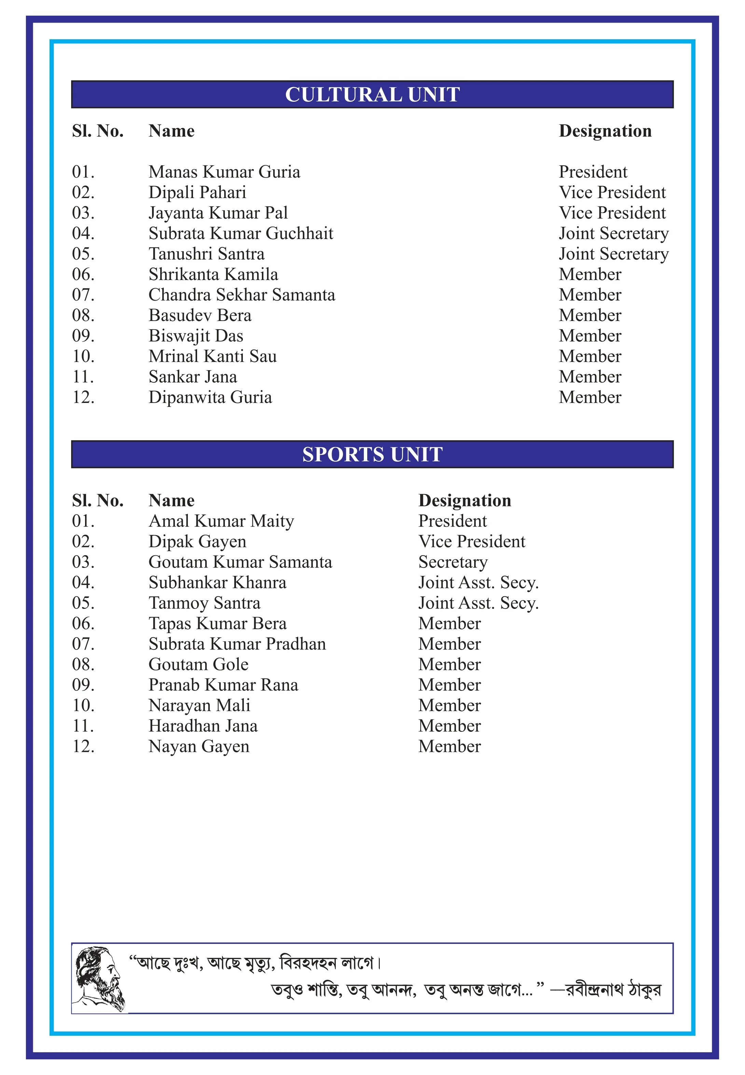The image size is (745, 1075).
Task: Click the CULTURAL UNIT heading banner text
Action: coord(372,95)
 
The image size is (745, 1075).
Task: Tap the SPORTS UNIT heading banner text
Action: coord(372,455)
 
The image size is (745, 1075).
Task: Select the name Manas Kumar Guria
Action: coord(224,172)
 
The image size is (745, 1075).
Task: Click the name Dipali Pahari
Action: coord(197,192)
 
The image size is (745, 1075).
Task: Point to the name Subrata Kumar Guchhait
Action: coord(241,233)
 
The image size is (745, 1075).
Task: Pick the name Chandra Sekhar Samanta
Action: coord(242,295)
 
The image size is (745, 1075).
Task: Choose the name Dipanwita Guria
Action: coord(210,397)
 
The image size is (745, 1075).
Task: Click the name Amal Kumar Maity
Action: coord(221,521)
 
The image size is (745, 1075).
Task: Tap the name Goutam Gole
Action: coord(198,665)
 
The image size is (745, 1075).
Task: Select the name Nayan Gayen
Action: coord(199,746)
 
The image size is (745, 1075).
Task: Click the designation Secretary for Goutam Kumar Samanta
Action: coord(453,562)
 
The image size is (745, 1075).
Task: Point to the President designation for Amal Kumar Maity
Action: coord(452,521)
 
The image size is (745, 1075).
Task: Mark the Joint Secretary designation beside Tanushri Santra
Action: coord(613,254)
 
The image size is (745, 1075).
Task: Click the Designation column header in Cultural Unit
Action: coord(605,131)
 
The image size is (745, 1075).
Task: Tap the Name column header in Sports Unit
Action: coord(171,501)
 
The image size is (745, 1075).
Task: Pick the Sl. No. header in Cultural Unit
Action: coord(98,131)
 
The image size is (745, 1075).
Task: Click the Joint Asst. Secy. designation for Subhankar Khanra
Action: coord(478,583)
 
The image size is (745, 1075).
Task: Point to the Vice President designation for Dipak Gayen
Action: coord(471,542)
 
